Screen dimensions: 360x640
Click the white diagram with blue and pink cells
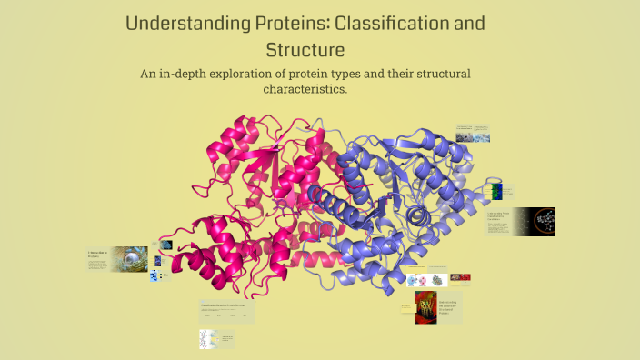427,280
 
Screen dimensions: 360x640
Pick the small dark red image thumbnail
461,277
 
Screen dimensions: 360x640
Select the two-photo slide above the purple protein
473,133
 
